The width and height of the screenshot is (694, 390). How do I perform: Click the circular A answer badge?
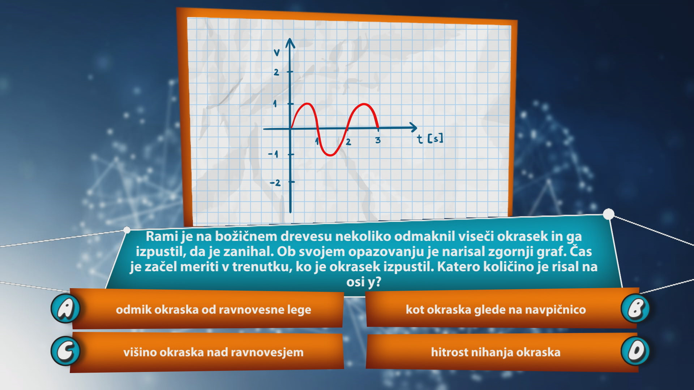(x=65, y=308)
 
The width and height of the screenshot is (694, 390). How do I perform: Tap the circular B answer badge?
(x=635, y=308)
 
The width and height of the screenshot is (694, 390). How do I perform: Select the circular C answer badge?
(x=65, y=351)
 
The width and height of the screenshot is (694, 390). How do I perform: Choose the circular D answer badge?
(x=635, y=351)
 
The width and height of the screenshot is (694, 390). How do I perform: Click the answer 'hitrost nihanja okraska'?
(x=496, y=352)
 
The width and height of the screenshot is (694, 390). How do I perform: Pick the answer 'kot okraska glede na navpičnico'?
(x=496, y=309)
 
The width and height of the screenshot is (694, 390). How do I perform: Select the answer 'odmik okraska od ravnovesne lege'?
(x=213, y=309)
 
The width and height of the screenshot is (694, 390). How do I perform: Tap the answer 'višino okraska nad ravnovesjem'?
(x=213, y=352)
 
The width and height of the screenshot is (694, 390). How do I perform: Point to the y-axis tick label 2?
(x=277, y=72)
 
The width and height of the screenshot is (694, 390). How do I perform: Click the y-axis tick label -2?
(x=275, y=183)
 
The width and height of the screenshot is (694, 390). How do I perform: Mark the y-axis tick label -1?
(x=274, y=155)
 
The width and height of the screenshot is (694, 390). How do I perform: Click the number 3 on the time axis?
(x=378, y=140)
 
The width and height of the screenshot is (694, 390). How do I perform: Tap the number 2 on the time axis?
(x=348, y=142)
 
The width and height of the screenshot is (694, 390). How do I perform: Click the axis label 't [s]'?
(x=430, y=139)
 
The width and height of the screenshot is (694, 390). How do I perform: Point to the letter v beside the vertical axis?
(x=277, y=53)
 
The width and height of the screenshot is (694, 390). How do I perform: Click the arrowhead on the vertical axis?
(x=290, y=43)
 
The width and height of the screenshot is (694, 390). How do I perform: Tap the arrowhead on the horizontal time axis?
(x=413, y=127)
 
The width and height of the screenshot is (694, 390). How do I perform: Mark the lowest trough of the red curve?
(x=330, y=155)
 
